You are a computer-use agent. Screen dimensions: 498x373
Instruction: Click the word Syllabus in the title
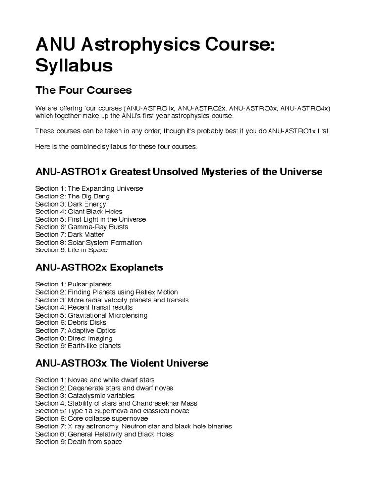74,66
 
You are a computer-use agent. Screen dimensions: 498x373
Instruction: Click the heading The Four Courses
84,91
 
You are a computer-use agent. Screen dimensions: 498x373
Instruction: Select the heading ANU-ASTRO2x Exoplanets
99,267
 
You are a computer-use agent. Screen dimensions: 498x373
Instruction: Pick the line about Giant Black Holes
79,212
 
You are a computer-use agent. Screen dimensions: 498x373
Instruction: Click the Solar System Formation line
88,242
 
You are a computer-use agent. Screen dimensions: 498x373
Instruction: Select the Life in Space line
71,250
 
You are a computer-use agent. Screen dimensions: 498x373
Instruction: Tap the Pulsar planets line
73,284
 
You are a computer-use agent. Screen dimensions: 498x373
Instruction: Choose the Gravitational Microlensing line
91,315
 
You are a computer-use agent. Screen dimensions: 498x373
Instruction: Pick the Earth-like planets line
78,346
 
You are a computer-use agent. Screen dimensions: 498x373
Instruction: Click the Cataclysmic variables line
85,395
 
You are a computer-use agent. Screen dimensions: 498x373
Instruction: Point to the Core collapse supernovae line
92,418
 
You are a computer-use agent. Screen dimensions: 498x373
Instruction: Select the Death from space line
79,442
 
